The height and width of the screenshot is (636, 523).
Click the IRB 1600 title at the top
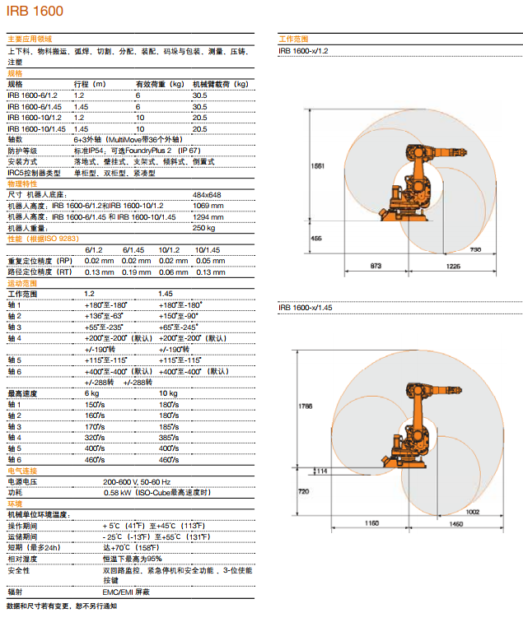(35, 11)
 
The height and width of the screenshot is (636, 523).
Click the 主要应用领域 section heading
(30, 39)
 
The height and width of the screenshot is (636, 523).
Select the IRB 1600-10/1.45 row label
(36, 129)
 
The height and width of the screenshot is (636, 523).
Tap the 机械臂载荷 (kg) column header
(221, 85)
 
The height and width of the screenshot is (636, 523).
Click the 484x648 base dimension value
(207, 195)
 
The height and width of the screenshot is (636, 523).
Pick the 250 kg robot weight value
(203, 228)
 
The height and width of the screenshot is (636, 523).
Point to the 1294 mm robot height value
(208, 217)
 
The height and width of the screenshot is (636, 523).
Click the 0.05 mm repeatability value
(210, 261)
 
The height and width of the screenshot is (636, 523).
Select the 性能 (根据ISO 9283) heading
(43, 239)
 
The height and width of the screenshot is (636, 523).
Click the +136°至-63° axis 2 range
(104, 316)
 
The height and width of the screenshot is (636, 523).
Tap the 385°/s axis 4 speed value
(169, 438)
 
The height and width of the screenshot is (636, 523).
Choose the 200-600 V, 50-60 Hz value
(137, 482)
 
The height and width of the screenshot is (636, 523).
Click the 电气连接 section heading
(22, 471)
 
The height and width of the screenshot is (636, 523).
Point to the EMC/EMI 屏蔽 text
(126, 592)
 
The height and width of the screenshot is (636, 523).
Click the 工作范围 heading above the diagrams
(293, 39)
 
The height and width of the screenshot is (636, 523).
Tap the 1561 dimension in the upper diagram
(318, 166)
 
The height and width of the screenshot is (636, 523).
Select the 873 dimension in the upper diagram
(376, 266)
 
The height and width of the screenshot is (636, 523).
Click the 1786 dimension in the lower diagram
(306, 406)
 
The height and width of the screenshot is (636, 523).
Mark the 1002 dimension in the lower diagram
(473, 512)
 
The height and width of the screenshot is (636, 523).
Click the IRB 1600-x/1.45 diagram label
(306, 308)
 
